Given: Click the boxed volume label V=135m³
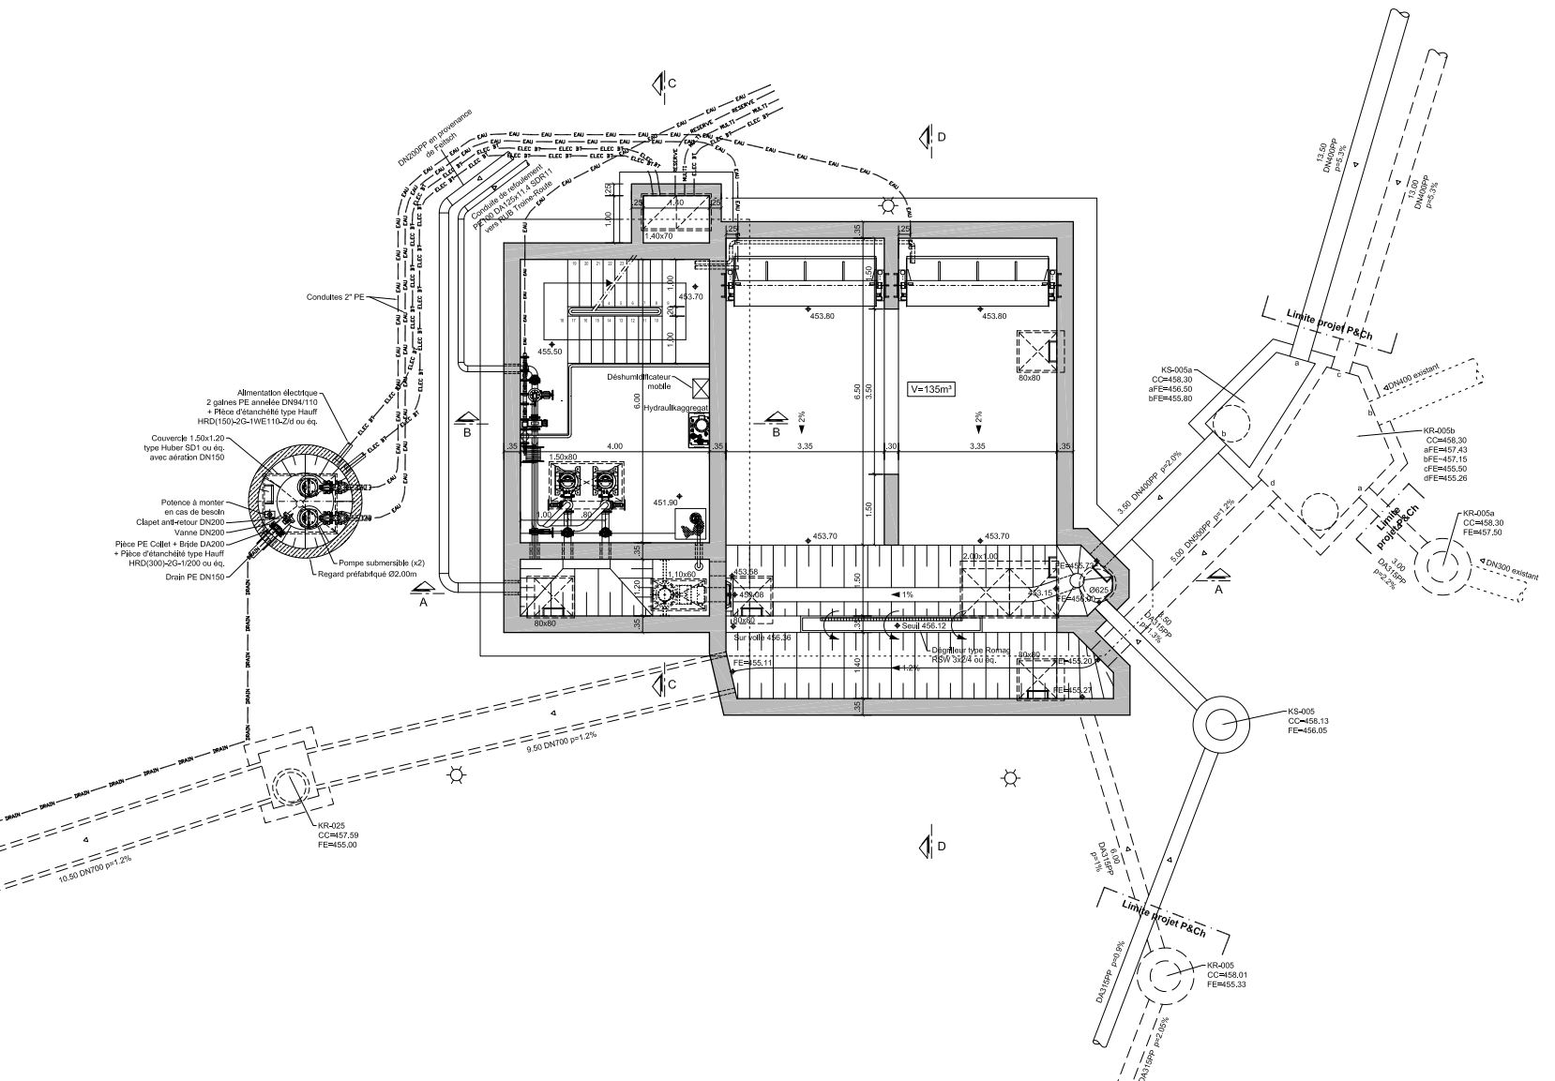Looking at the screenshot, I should point(931,388).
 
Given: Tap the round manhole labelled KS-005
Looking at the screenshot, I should point(1221,724).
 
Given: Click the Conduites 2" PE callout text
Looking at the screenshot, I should point(336,297).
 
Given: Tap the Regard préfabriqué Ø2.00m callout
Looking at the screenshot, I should point(367,573).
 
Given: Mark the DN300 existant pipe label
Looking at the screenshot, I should point(1512,569).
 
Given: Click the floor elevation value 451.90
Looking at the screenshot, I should point(666,502).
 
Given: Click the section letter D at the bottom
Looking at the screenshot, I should point(942,847).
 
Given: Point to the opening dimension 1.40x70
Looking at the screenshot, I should point(659,236).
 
